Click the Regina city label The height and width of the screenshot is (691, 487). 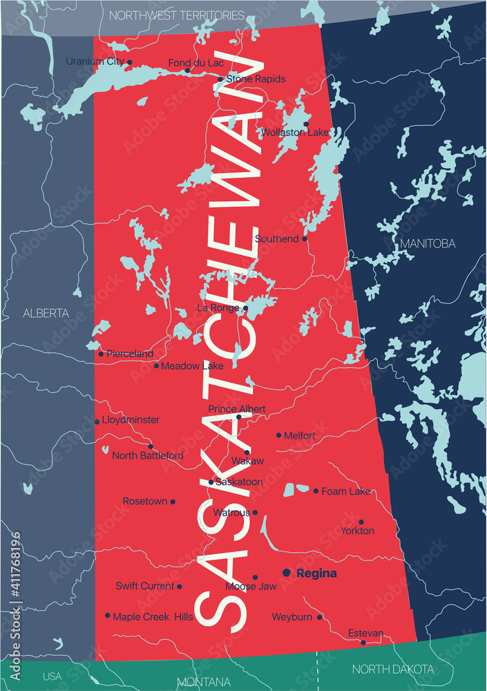(x=316, y=574)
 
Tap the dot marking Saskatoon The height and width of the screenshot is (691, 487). (x=211, y=482)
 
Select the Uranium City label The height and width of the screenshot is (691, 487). (x=95, y=61)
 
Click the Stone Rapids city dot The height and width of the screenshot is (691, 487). (x=220, y=79)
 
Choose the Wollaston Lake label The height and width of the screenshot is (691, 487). (x=295, y=132)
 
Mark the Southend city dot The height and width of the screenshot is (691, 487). (x=305, y=239)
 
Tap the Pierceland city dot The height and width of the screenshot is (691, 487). (x=101, y=354)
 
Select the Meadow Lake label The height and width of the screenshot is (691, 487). (x=192, y=366)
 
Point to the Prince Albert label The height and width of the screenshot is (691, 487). (x=237, y=409)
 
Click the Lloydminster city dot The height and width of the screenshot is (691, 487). (x=97, y=422)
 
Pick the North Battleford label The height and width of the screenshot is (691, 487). (x=148, y=455)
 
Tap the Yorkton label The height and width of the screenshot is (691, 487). (x=357, y=531)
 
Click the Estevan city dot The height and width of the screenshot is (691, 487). (x=364, y=643)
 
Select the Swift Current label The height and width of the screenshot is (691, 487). (x=145, y=586)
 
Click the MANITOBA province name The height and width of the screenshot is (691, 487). (x=428, y=243)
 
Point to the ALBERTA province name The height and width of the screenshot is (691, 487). (x=46, y=313)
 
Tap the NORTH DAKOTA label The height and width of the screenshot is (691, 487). (x=393, y=669)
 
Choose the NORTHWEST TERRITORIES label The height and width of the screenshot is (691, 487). (x=177, y=15)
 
